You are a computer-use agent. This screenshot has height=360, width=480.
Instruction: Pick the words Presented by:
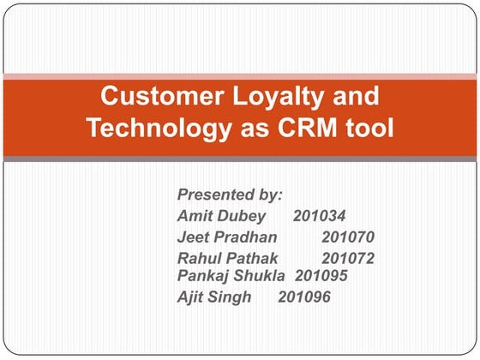(x=230, y=194)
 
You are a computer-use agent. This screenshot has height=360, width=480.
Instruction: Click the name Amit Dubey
(x=221, y=215)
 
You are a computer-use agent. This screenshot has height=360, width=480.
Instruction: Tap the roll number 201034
(x=319, y=215)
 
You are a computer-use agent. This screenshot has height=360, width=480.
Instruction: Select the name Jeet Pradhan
(x=227, y=237)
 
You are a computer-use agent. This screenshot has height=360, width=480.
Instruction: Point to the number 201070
(x=348, y=237)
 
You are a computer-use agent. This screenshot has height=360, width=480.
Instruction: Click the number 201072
(x=348, y=258)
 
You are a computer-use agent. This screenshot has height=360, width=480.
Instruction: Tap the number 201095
(x=321, y=275)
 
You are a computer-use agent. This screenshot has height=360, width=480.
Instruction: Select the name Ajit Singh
(x=214, y=297)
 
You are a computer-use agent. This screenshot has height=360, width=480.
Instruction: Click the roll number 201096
(x=304, y=297)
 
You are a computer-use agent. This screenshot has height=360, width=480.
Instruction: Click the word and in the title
(x=353, y=95)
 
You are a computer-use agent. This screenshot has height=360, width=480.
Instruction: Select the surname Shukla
(x=261, y=275)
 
